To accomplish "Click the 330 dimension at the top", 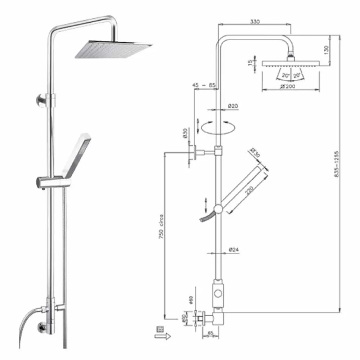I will point(255,22).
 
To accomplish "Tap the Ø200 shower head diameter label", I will point(289,86).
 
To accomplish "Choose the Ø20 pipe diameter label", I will point(233,106).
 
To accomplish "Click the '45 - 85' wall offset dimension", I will point(203,85).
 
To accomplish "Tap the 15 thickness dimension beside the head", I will point(250,63).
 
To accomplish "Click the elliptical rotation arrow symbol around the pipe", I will point(218,127).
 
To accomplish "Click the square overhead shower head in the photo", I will point(113,49).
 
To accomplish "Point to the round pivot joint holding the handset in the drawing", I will point(218,209).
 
